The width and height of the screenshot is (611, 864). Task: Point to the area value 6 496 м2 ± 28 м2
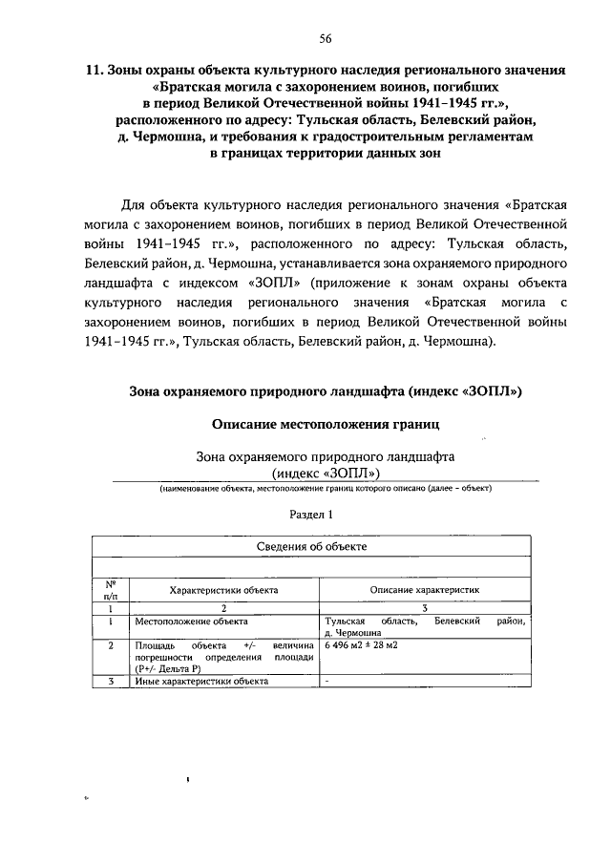[362, 645]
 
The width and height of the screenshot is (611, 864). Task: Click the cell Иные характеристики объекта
[201, 681]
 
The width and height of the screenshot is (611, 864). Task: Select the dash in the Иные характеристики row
[327, 681]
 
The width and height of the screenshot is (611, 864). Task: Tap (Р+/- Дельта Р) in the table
[171, 668]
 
